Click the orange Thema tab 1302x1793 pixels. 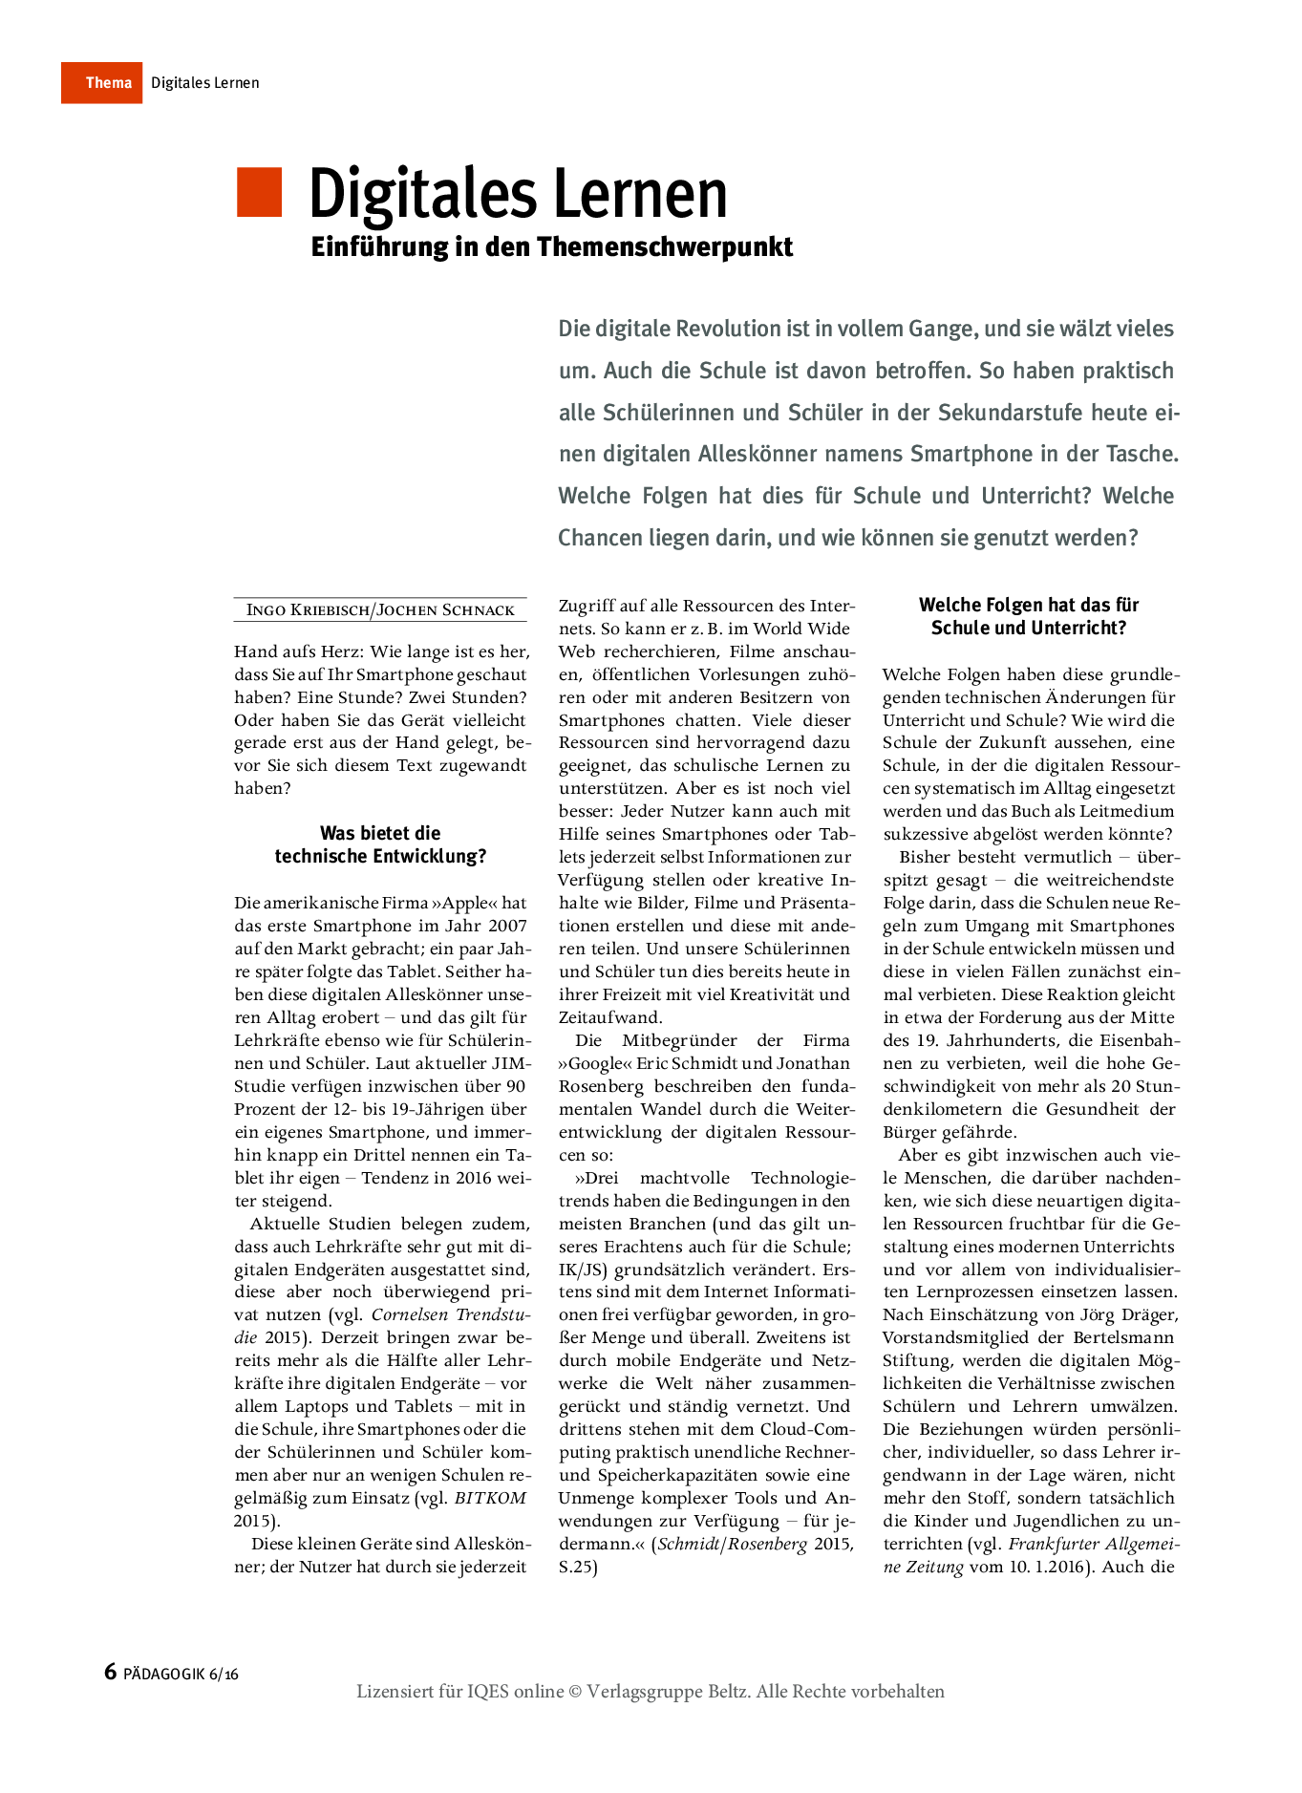[x=102, y=83]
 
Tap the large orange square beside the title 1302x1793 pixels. [x=259, y=192]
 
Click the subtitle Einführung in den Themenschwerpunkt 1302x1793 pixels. [x=551, y=247]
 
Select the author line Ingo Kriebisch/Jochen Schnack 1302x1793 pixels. [x=380, y=610]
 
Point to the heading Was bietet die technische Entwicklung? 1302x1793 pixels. [x=380, y=844]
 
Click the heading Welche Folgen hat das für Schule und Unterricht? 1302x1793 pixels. [x=1029, y=616]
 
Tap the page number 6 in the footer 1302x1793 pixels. [x=110, y=1672]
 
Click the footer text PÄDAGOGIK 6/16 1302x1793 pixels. [x=181, y=1674]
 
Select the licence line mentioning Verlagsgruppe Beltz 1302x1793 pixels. [x=651, y=1692]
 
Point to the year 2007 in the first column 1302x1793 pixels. [x=507, y=926]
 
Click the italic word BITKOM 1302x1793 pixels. [x=490, y=1498]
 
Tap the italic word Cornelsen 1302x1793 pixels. [x=409, y=1314]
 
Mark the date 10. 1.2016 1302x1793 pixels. [x=1047, y=1567]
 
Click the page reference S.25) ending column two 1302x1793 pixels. [x=578, y=1567]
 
